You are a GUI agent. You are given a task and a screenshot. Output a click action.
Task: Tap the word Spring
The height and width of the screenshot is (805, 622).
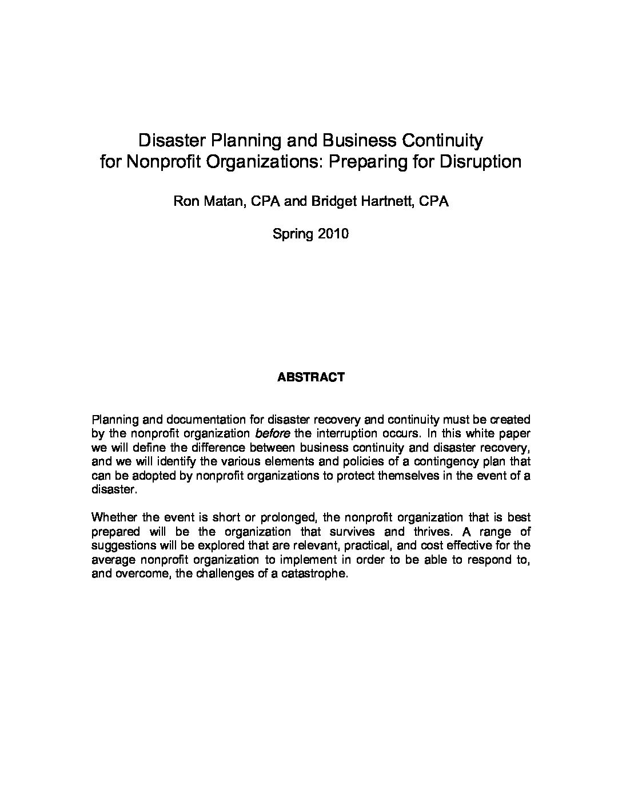click(x=291, y=234)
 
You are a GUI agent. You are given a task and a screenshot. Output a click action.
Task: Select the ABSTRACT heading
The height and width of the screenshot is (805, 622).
click(x=310, y=377)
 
